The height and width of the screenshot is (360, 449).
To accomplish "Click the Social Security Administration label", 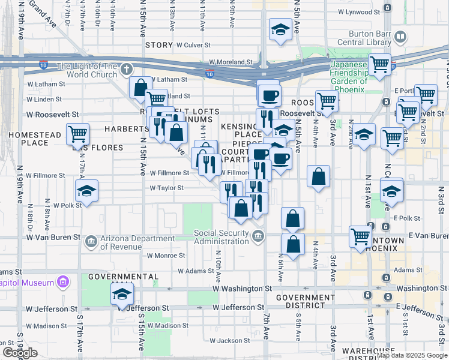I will click(x=221, y=237).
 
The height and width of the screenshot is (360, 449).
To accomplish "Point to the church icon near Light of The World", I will click(x=126, y=70).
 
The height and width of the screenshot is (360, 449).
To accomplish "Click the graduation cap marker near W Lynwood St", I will click(x=280, y=29).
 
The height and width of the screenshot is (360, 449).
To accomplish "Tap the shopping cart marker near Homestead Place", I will click(x=78, y=134).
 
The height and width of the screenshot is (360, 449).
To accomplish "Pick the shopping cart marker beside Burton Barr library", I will click(x=379, y=64).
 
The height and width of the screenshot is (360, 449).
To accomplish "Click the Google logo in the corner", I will click(x=20, y=352).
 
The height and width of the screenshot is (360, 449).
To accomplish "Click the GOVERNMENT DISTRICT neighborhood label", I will click(x=305, y=302).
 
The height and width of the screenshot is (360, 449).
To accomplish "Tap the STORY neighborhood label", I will click(x=158, y=45).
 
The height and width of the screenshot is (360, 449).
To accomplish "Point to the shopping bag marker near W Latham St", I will click(x=140, y=88).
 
